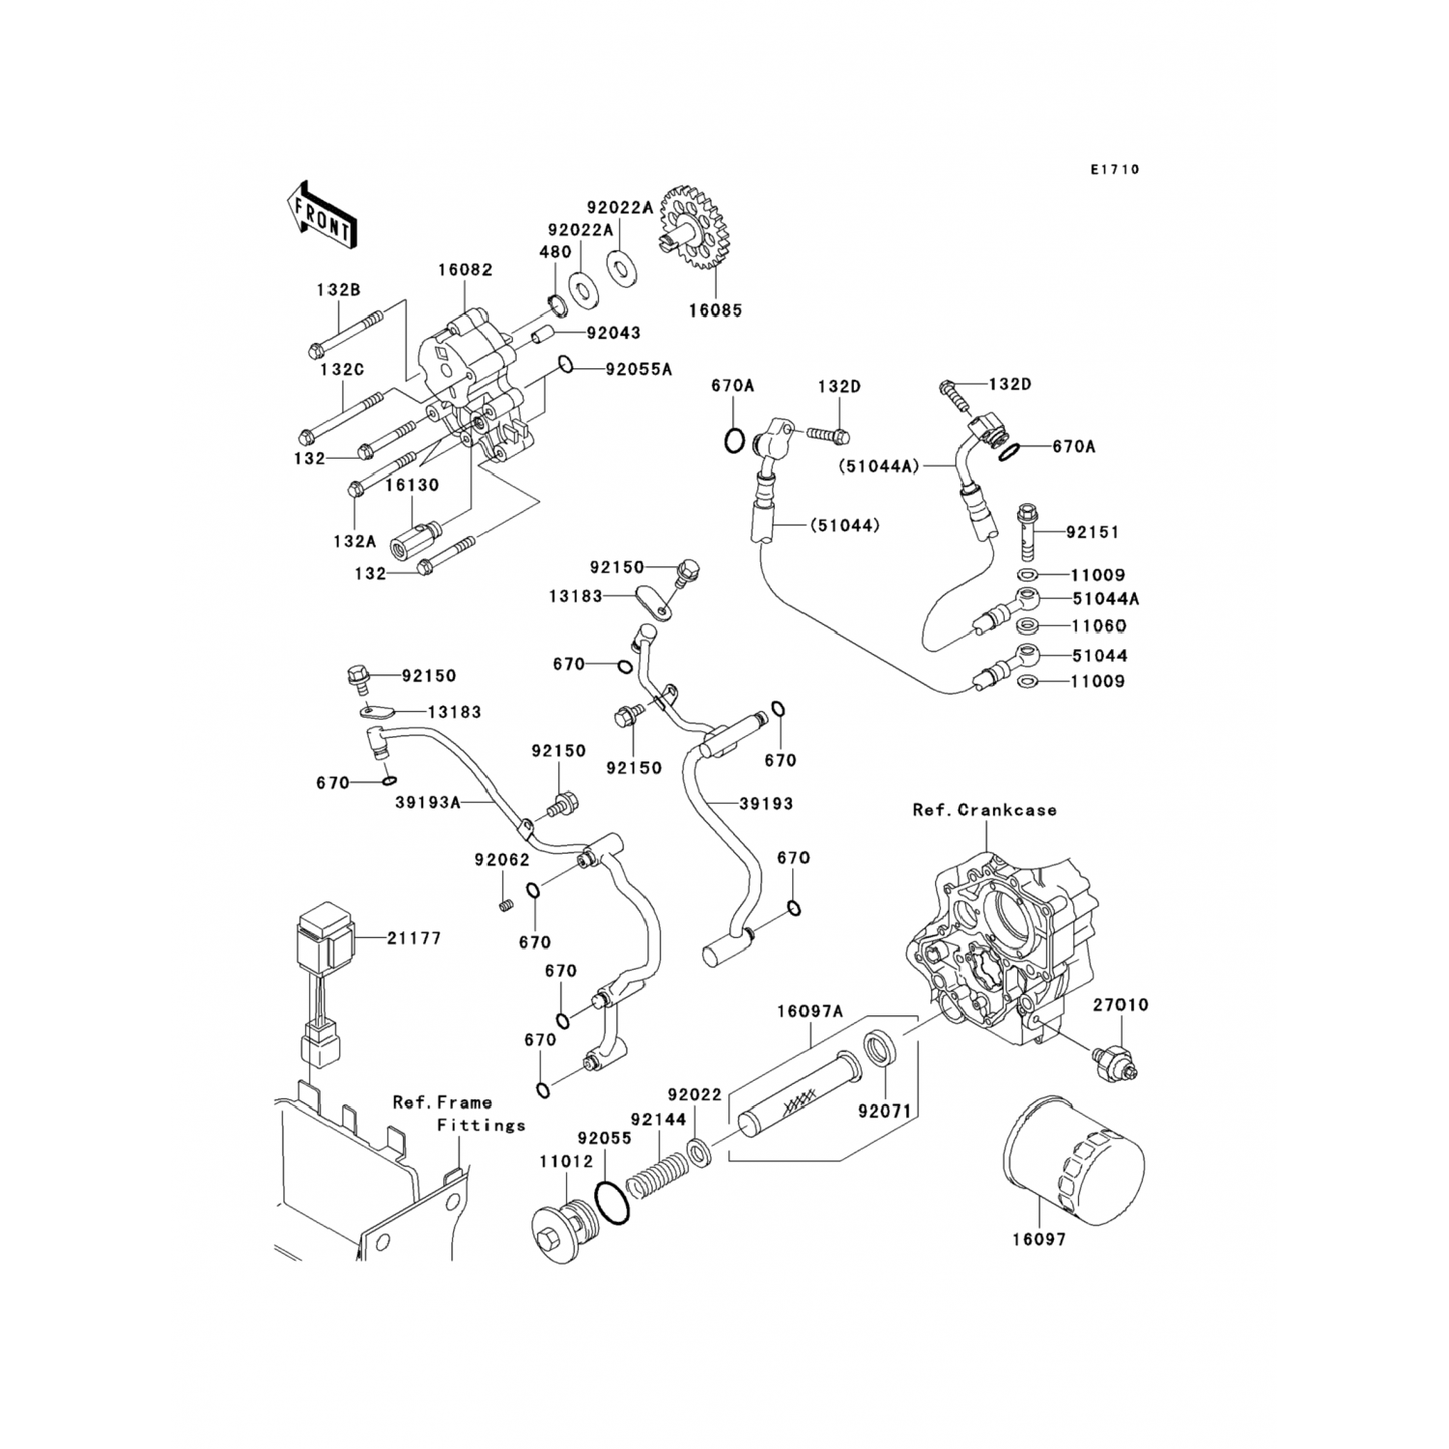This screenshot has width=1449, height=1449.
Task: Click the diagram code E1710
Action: [x=1115, y=170]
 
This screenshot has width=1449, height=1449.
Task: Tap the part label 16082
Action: [x=465, y=270]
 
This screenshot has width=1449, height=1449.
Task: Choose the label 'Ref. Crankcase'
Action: [x=984, y=810]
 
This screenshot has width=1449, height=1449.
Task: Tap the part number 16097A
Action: [x=810, y=1011]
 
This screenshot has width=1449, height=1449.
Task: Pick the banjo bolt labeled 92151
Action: [x=1030, y=532]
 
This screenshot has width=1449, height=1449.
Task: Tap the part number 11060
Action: [x=1099, y=626]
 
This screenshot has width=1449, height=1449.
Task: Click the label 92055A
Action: [x=639, y=369]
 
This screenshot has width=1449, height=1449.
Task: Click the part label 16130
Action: [x=412, y=486]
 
